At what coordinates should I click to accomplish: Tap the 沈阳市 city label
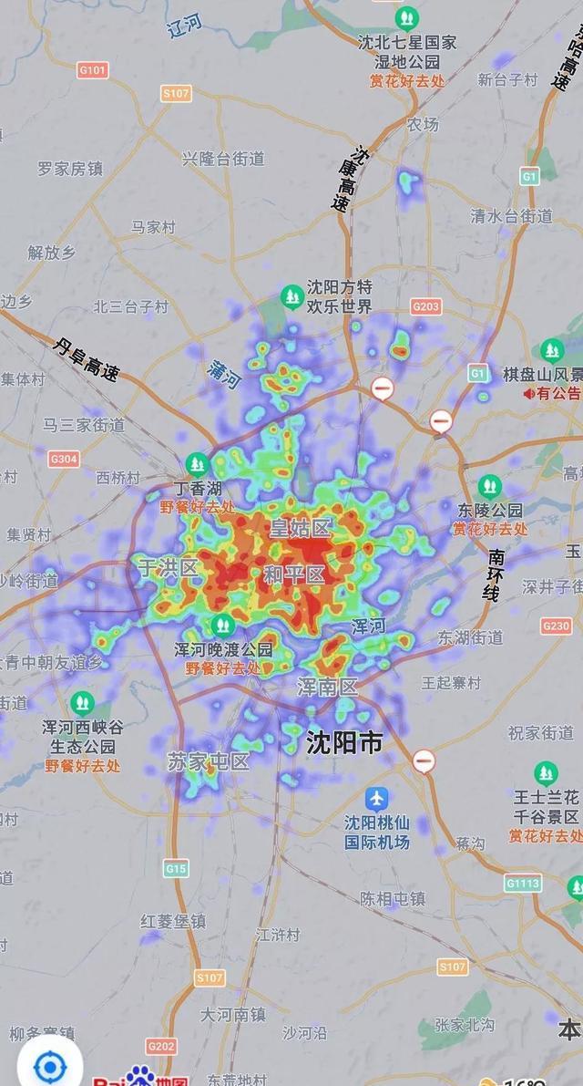click(344, 743)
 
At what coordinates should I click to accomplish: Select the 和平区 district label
click(293, 575)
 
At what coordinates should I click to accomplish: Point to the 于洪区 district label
click(168, 568)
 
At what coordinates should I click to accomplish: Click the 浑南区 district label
click(328, 688)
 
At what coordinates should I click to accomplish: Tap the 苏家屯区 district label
click(208, 761)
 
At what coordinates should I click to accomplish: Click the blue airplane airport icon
click(376, 799)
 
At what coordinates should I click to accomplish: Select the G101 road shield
click(93, 69)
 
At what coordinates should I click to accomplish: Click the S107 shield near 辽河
click(177, 93)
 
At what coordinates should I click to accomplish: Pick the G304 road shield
click(64, 459)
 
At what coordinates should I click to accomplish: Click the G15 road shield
click(176, 869)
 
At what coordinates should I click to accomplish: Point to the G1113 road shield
click(524, 883)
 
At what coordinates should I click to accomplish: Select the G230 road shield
click(556, 626)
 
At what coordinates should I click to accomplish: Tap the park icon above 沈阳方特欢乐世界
click(291, 295)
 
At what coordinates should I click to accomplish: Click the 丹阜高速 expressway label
click(87, 358)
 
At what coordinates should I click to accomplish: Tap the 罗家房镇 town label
click(70, 169)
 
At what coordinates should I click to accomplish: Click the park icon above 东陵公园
click(490, 487)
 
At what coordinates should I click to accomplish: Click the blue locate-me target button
click(49, 1065)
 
